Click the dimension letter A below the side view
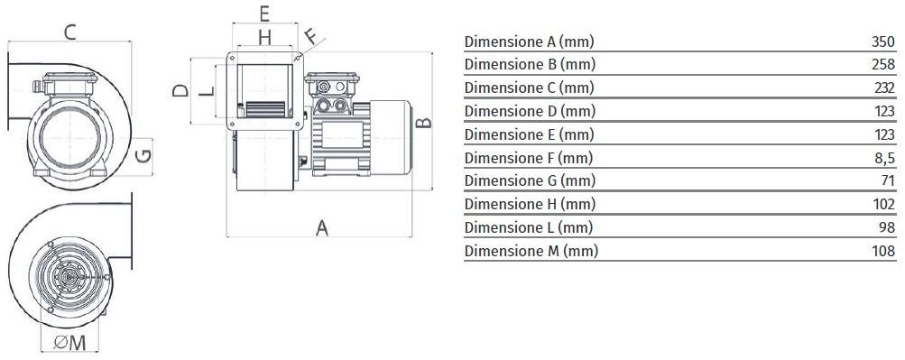(321, 227)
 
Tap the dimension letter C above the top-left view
(69, 33)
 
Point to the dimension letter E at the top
(264, 14)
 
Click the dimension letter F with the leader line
(310, 37)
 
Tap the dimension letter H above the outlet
(264, 37)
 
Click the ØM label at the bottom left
(70, 342)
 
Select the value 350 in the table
(882, 42)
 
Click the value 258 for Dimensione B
(882, 65)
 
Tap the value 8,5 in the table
(884, 158)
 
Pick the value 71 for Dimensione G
(887, 181)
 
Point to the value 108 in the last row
(882, 251)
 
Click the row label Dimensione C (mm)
(529, 88)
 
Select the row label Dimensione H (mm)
(530, 205)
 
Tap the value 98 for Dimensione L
(887, 227)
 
